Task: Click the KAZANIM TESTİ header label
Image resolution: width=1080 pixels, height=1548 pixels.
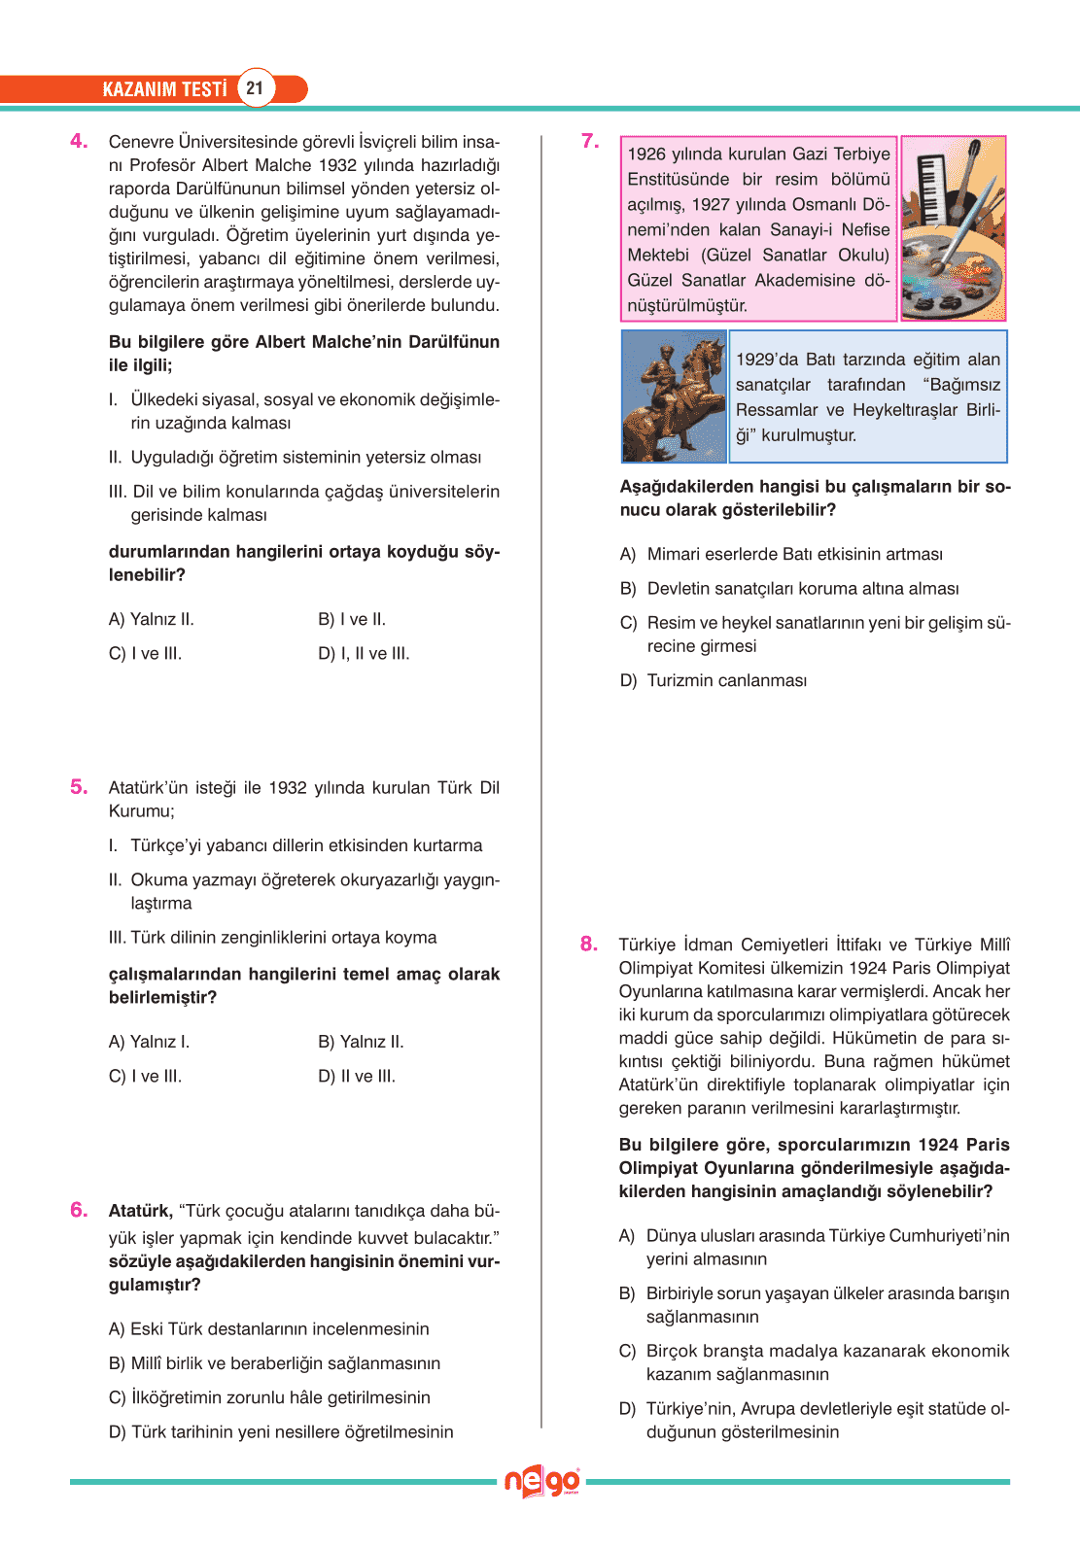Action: point(164,89)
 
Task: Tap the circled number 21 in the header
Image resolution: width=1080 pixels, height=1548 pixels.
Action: point(255,88)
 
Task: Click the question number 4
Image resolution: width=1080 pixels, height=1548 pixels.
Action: point(79,142)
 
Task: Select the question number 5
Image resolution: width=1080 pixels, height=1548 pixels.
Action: point(79,787)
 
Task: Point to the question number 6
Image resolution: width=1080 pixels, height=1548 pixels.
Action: point(79,1210)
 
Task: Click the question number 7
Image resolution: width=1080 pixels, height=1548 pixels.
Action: point(590,142)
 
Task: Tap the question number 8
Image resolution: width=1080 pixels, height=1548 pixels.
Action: point(589,945)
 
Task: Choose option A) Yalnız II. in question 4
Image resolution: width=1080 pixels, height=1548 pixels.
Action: point(152,620)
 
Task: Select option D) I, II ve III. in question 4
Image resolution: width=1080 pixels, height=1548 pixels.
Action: point(364,654)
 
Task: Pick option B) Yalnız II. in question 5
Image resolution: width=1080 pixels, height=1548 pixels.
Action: point(361,1043)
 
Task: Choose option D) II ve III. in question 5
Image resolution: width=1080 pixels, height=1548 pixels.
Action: point(357,1077)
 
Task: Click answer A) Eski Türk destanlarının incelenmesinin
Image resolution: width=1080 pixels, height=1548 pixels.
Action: point(268,1329)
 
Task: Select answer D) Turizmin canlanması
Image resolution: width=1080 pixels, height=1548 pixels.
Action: point(714,681)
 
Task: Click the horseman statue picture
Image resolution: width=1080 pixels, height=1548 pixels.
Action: point(674,396)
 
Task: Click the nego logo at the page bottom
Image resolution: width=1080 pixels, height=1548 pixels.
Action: point(541,1482)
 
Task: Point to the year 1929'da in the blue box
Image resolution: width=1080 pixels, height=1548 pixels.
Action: point(766,360)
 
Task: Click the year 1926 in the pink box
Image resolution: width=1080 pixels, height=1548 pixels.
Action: point(646,155)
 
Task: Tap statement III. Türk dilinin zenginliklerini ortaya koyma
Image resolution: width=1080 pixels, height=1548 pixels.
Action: point(273,938)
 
